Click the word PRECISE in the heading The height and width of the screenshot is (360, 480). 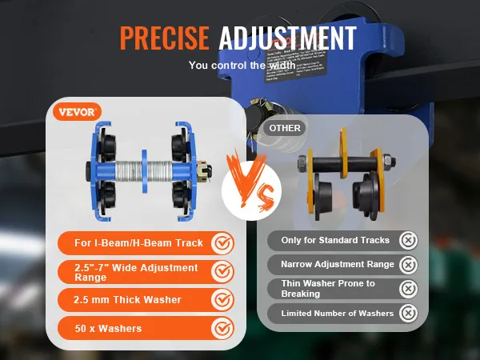(165, 38)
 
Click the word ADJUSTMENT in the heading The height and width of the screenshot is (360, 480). (287, 38)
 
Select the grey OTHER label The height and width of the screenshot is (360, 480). (285, 127)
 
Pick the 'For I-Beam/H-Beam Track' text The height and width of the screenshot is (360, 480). (133, 242)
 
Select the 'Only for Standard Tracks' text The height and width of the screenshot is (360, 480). (335, 240)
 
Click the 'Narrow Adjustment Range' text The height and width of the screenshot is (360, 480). (337, 264)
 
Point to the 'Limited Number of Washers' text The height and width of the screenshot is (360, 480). (337, 313)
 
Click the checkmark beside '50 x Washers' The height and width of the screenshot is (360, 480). (222, 328)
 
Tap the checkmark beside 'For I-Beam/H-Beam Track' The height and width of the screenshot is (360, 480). (222, 242)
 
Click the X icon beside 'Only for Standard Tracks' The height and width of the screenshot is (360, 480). (409, 240)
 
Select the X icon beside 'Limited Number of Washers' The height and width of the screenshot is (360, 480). (409, 313)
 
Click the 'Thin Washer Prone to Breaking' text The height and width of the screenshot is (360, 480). (328, 288)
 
